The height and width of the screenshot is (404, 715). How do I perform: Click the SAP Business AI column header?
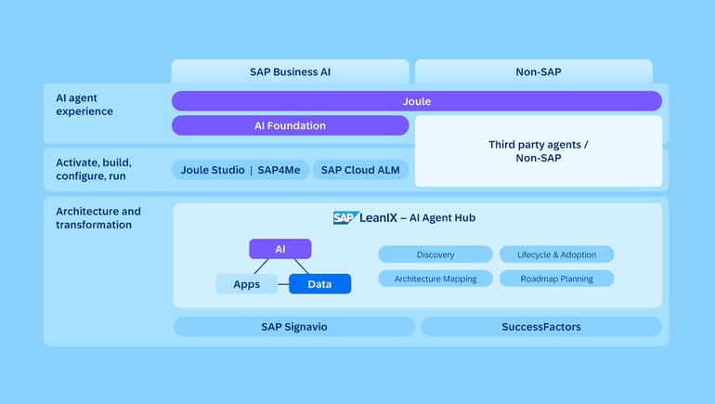(290, 72)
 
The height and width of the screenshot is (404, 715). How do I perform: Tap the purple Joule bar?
(416, 101)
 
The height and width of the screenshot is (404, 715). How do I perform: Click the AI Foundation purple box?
(290, 125)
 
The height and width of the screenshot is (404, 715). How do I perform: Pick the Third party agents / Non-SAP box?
(538, 151)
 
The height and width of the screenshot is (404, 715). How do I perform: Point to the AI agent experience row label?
(84, 105)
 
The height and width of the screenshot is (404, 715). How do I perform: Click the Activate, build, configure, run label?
(91, 169)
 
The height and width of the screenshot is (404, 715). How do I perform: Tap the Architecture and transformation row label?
(97, 218)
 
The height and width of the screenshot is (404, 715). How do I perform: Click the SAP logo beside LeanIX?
(344, 218)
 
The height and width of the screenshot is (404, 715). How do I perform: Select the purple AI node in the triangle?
(279, 249)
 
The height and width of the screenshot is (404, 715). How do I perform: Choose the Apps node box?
(246, 284)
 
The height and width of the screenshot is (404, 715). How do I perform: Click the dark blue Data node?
(319, 284)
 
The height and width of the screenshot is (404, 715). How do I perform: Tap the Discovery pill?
(435, 254)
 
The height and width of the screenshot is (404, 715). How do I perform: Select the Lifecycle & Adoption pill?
(556, 254)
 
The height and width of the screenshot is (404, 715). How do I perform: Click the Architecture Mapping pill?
(435, 279)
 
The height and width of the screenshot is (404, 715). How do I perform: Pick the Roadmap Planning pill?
(556, 279)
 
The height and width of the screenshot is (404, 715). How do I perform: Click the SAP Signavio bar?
(293, 327)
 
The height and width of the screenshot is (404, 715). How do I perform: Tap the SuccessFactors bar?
(540, 327)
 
